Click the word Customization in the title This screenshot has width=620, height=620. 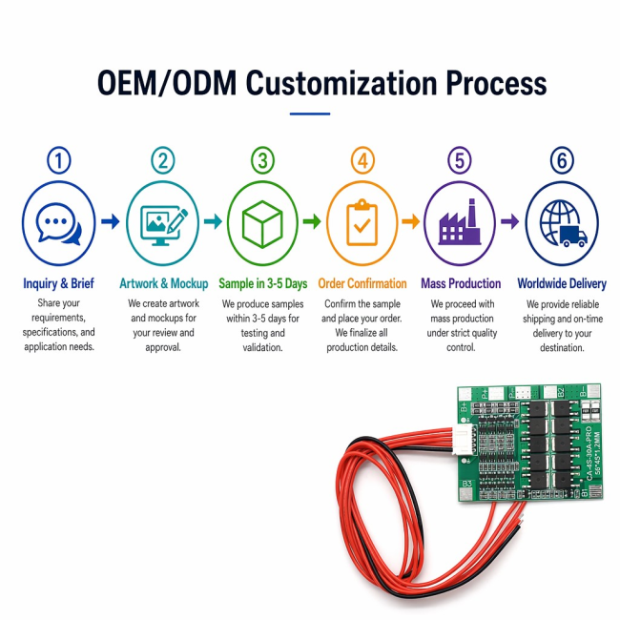341,83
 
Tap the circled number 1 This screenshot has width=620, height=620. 59,160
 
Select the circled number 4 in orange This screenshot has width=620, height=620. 362,160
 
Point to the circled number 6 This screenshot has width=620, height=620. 562,160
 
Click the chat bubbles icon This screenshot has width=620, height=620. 58,224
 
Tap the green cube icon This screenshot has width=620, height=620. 262,224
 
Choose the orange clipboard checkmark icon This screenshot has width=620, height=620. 362,222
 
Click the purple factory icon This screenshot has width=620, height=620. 460,222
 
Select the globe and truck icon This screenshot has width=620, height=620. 563,223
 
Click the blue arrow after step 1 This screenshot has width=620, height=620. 111,221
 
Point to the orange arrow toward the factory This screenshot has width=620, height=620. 411,221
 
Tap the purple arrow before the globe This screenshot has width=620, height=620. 510,221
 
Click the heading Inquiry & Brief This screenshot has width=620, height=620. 58,283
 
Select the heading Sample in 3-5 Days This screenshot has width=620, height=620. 263,283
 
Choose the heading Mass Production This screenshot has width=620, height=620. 461,283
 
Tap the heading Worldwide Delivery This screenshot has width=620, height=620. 562,283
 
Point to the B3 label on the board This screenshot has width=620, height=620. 466,484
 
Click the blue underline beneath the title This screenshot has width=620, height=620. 310,114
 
